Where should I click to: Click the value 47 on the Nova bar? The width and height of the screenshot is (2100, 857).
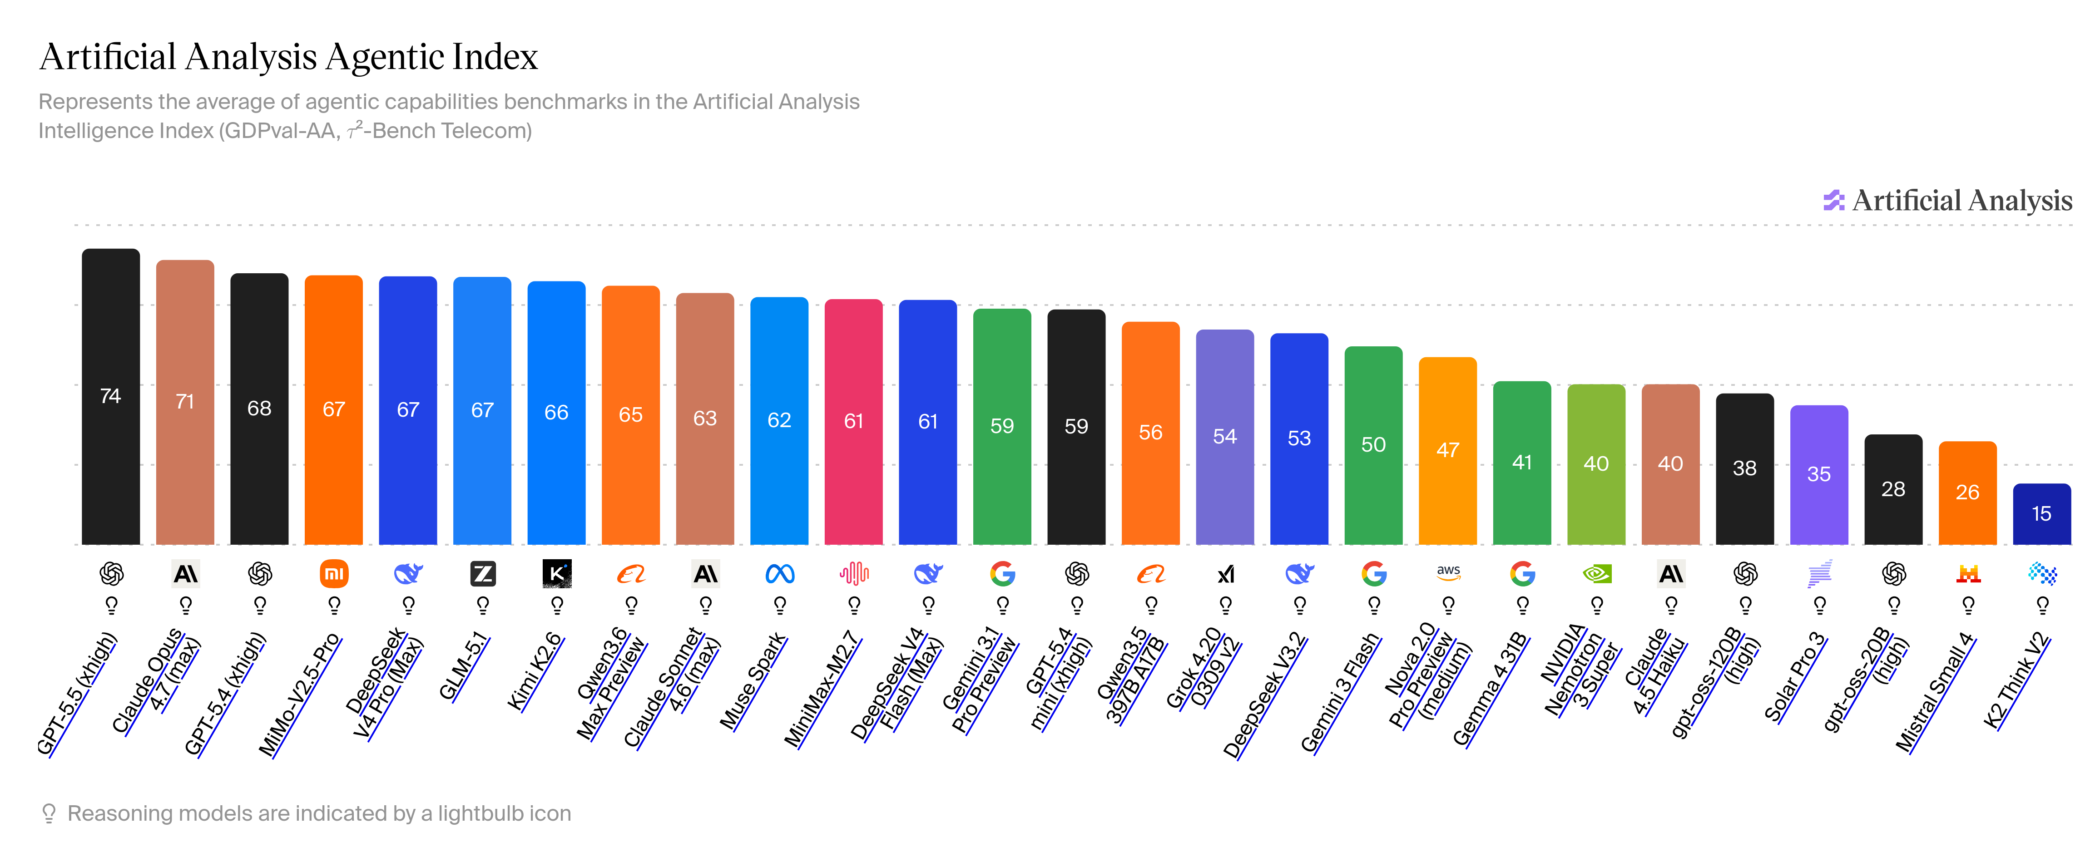[1448, 450]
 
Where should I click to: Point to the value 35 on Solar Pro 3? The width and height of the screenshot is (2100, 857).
[1819, 474]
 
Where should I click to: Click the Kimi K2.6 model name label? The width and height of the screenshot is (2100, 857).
[535, 670]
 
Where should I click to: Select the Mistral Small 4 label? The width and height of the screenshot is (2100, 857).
[1935, 692]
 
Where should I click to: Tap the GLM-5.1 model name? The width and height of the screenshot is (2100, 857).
[464, 665]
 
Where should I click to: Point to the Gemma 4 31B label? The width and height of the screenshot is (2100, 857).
[1490, 689]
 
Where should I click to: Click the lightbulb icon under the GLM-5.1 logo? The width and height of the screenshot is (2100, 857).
[483, 605]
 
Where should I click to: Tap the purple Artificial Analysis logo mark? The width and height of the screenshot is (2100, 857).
[1833, 200]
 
